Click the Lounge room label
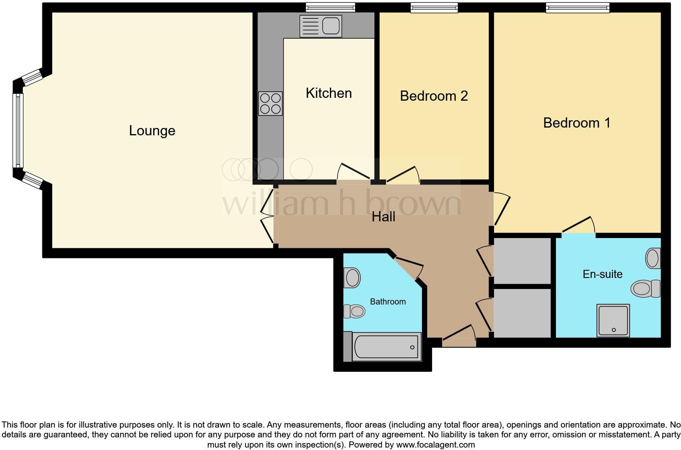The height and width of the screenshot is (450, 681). (x=152, y=131)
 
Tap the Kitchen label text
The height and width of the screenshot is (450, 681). (x=329, y=93)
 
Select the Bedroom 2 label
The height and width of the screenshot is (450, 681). (x=434, y=96)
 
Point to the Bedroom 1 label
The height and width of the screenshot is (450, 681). (x=577, y=123)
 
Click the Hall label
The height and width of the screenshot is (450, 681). (x=383, y=217)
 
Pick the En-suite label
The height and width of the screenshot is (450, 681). (x=602, y=274)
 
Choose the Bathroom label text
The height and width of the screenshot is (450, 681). (x=388, y=302)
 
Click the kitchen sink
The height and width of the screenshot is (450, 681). (x=320, y=26)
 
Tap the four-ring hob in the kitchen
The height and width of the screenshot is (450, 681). (x=270, y=104)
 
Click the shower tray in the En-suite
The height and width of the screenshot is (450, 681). (x=613, y=320)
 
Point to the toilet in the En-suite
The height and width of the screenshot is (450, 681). (x=645, y=289)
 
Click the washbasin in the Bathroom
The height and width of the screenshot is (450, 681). (x=352, y=278)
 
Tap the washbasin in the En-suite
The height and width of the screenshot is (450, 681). (x=653, y=258)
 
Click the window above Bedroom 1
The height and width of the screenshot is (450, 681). (x=578, y=8)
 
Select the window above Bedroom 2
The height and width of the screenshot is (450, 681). (x=434, y=8)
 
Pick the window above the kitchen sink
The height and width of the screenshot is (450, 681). (x=330, y=7)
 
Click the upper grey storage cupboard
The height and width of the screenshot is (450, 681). (x=522, y=261)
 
